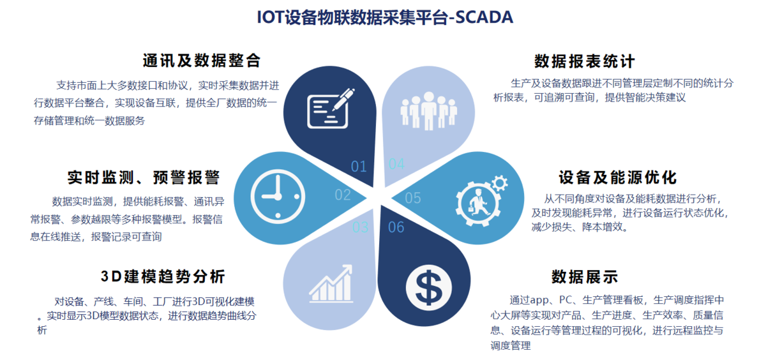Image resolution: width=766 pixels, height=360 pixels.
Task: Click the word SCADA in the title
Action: coord(484,17)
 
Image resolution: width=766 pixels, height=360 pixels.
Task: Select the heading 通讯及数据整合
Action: coord(202,61)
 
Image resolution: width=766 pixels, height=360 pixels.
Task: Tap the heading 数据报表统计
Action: coord(585,61)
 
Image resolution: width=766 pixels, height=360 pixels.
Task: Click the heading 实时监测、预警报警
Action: coord(144,177)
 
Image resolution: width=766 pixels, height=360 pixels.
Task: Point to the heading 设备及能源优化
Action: coord(618,177)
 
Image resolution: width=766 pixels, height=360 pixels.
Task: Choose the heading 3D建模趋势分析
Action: coord(163,276)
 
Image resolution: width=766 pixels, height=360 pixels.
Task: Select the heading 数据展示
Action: coord(585,276)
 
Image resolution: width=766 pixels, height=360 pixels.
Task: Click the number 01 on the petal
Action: coord(359,167)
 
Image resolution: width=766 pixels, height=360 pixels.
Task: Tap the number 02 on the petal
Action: coord(343,195)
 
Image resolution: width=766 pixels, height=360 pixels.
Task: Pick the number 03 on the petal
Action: coord(361,227)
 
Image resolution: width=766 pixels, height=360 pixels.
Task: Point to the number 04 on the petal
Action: coord(396,164)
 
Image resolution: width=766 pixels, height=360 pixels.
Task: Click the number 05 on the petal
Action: coord(413,198)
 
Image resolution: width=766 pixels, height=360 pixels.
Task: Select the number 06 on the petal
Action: coord(396,227)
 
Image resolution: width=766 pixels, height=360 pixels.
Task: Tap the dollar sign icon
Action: coord(429,287)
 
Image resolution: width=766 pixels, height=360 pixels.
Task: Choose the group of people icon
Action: coord(429,111)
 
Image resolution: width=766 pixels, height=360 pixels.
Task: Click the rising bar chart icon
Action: coord(331,284)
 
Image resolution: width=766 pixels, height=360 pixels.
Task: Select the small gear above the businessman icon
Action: coord(500,183)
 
